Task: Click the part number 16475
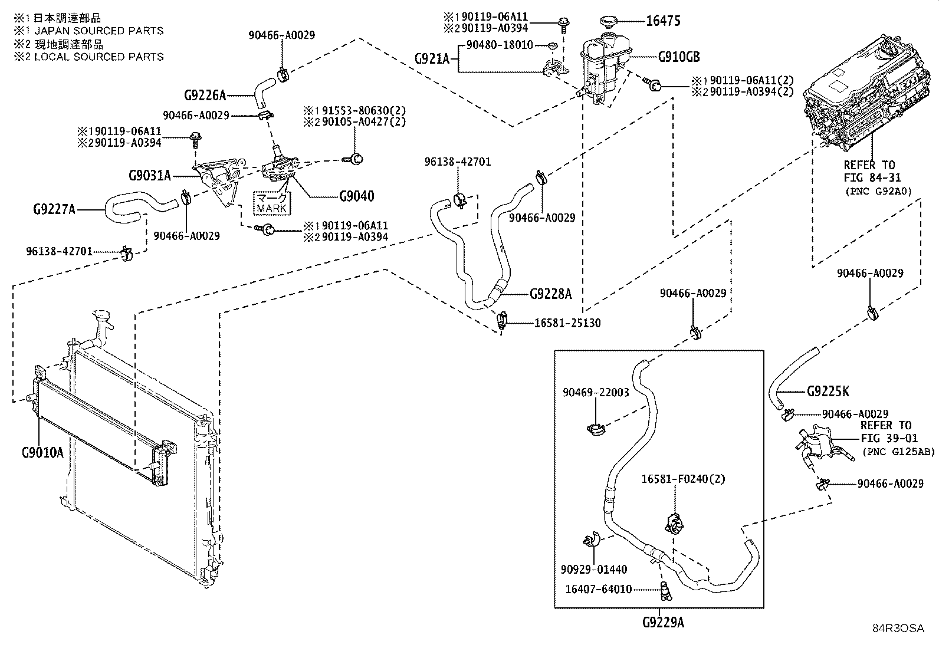click(663, 22)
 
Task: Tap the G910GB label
click(679, 57)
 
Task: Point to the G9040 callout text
click(356, 196)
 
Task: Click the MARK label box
click(271, 203)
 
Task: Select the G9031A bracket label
click(149, 175)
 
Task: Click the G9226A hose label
click(205, 95)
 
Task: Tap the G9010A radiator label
click(42, 453)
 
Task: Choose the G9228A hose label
click(550, 294)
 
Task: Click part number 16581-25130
click(567, 323)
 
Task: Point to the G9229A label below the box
click(664, 623)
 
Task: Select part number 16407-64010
click(599, 589)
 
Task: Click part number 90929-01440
click(594, 570)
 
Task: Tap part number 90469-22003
click(596, 392)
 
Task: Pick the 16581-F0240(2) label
click(684, 479)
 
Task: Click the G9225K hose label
click(828, 392)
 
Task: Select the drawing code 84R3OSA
click(898, 629)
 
